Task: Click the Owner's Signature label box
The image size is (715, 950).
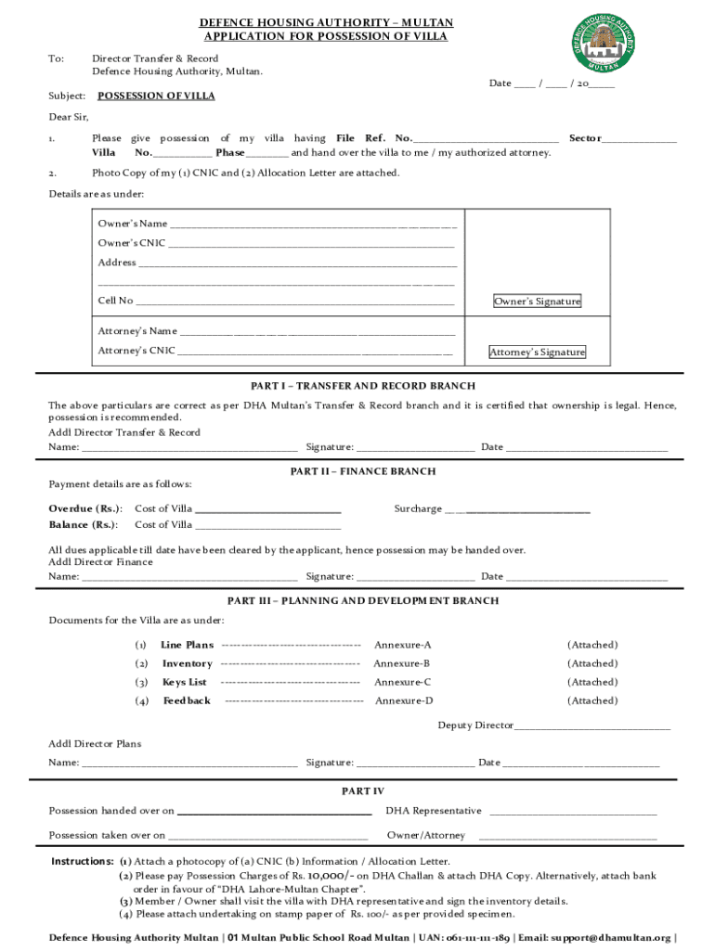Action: point(537,302)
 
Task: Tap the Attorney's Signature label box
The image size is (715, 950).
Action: point(537,353)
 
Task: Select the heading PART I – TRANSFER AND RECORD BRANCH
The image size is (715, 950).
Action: point(363,386)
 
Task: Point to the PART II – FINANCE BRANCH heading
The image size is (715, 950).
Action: point(363,471)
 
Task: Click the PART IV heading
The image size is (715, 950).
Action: point(363,791)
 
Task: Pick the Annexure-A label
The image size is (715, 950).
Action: point(402,645)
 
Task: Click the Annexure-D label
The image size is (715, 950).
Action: point(404,700)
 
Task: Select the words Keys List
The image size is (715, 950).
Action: point(185,682)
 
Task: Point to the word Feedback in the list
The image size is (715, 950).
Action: point(187,700)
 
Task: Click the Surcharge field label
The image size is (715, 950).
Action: point(418,508)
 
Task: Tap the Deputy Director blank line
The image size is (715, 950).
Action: point(591,725)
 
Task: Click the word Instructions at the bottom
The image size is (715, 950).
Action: point(83,861)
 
